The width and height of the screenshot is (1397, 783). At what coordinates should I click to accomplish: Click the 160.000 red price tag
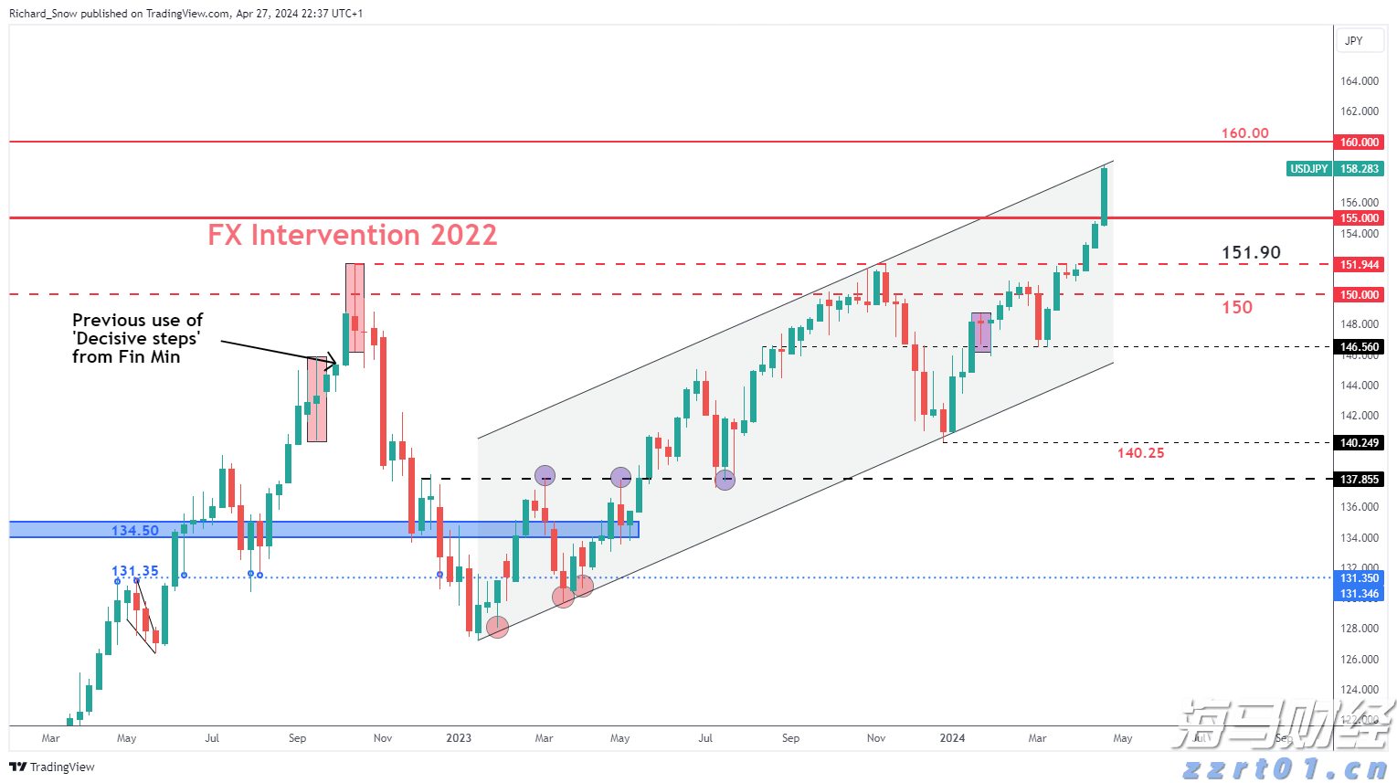[1360, 143]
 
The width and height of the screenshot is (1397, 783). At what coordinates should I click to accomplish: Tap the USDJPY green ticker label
[1309, 169]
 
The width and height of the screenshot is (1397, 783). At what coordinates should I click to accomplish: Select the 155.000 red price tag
[1360, 218]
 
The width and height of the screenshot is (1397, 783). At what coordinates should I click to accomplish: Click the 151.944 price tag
[1360, 265]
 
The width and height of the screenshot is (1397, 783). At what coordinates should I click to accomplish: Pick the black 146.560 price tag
[1360, 347]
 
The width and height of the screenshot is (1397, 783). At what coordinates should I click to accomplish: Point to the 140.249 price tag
[1360, 443]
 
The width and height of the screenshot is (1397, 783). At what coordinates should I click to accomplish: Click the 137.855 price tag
[1360, 480]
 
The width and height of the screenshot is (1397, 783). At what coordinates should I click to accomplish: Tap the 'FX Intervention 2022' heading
[352, 236]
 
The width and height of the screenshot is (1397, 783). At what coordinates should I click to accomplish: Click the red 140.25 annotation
[1140, 453]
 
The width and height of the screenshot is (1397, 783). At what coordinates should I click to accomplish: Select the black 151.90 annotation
[1251, 253]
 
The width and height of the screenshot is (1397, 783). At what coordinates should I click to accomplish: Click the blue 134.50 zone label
[135, 531]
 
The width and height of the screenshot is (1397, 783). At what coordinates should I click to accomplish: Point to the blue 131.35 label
[135, 572]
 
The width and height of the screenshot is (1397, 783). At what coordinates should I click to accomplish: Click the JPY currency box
[1354, 41]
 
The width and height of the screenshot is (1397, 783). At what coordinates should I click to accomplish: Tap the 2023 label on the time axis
[459, 738]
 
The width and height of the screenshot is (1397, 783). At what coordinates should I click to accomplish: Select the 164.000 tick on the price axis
[1359, 81]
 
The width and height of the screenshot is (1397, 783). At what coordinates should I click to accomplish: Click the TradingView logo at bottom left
[52, 767]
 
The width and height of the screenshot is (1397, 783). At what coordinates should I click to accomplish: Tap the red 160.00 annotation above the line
[1244, 133]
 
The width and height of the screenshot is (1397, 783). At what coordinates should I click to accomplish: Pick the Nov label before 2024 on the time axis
[875, 738]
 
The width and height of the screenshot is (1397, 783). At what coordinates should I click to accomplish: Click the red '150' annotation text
[1237, 308]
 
